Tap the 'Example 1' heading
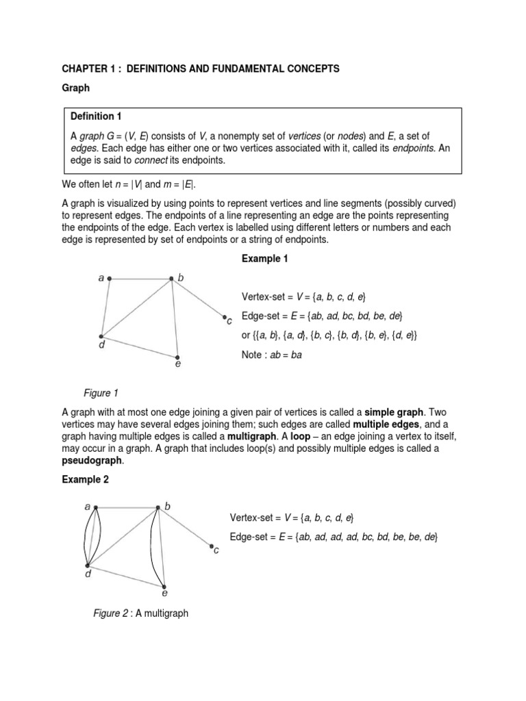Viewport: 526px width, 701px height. pos(264,258)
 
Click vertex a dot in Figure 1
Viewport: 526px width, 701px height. pos(110,279)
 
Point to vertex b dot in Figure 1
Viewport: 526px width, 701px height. pos(172,278)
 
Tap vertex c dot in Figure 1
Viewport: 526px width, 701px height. pos(223,317)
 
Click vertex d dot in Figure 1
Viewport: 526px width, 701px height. pos(101,337)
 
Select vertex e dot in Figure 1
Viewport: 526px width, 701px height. pos(177,357)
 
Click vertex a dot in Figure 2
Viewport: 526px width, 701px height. pos(96,507)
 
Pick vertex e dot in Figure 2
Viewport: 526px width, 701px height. pos(164,586)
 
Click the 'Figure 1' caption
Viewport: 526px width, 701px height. pos(101,393)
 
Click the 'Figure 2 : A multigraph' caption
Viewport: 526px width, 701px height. pos(140,613)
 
